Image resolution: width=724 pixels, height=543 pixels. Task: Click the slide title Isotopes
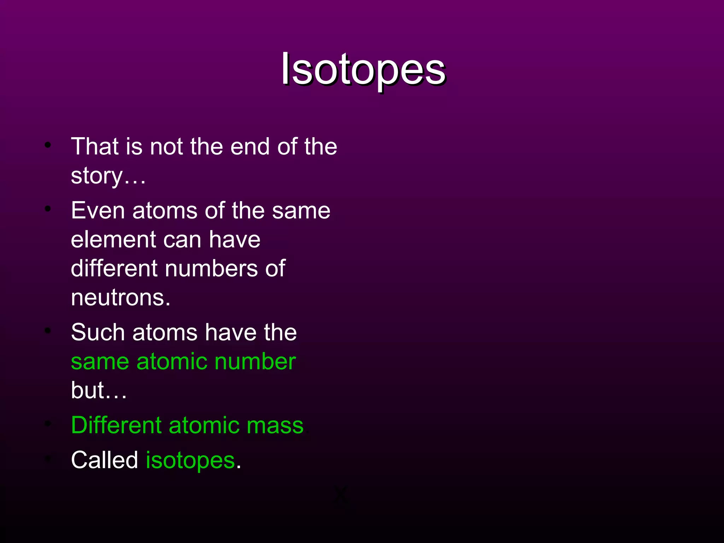click(x=363, y=69)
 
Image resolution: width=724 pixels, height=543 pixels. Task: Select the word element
click(x=113, y=240)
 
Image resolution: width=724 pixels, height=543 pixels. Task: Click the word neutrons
click(x=120, y=298)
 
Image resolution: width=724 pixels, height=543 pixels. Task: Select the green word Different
click(x=116, y=425)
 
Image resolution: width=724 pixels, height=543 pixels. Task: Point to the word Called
click(x=104, y=460)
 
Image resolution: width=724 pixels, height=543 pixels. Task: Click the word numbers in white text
click(x=211, y=268)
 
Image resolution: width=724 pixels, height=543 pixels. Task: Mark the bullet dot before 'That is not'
click(x=48, y=145)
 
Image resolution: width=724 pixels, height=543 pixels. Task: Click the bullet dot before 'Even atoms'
click(x=48, y=209)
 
